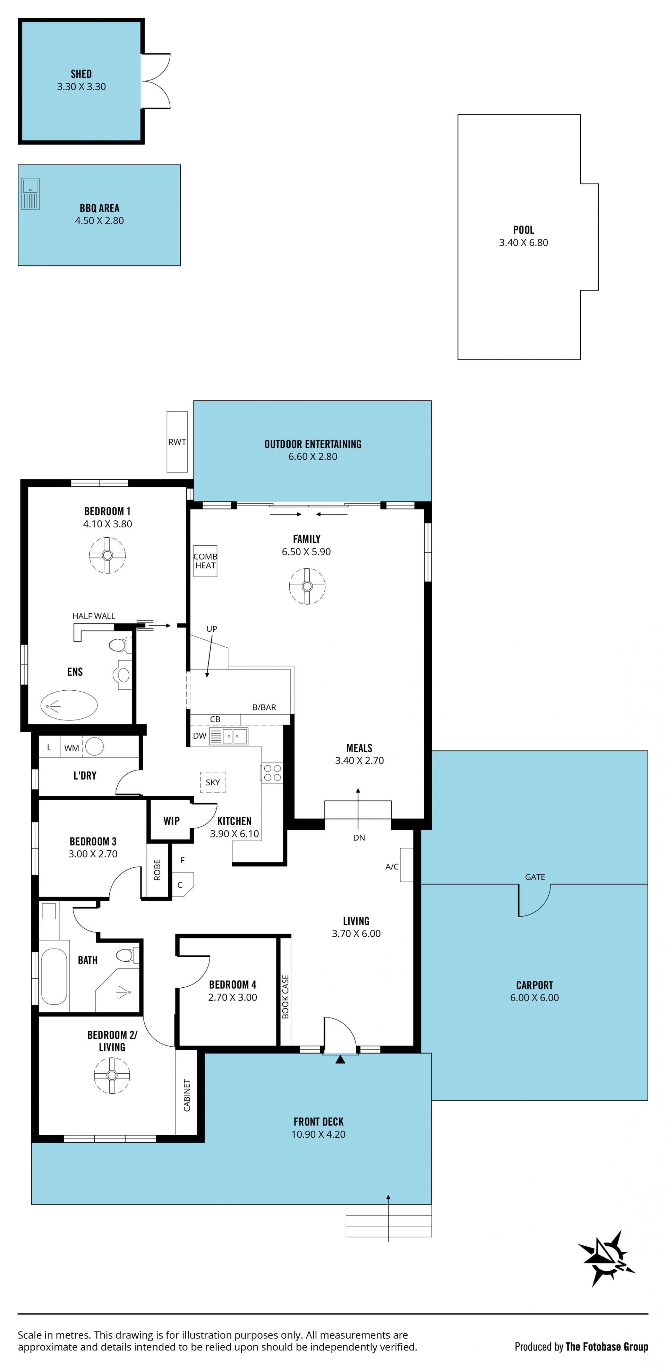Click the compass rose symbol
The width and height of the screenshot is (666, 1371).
click(606, 1259)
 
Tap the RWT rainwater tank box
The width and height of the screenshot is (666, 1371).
click(177, 442)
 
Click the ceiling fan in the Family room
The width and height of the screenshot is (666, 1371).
click(307, 586)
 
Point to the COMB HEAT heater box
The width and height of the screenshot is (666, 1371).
click(205, 561)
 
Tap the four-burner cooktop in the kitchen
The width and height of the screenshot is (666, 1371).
click(272, 773)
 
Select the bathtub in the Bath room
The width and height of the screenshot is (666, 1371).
click(54, 976)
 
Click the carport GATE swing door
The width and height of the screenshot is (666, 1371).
click(534, 900)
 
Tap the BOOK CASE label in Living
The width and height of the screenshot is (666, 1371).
click(285, 997)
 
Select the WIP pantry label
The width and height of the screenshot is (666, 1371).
click(171, 821)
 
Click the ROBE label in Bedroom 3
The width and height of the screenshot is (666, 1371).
click(157, 870)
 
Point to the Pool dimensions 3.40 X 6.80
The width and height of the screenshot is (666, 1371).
click(523, 243)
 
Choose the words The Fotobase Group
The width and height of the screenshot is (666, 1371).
click(607, 1346)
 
